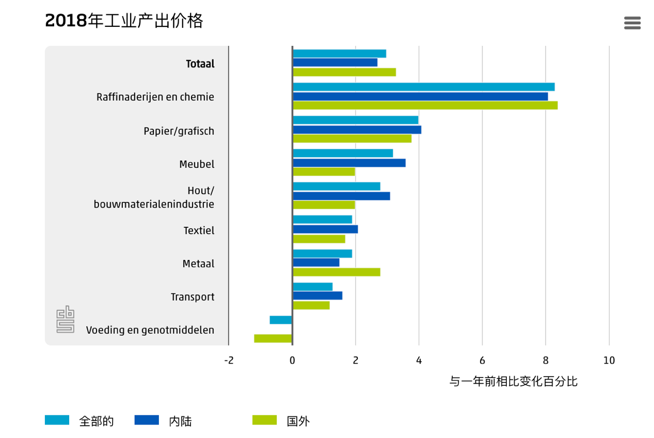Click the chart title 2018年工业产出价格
click(x=124, y=21)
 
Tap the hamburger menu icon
click(x=632, y=23)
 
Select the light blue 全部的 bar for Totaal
click(x=339, y=54)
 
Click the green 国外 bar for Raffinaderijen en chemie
click(x=425, y=105)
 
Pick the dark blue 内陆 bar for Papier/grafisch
click(x=357, y=130)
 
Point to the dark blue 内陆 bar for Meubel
click(x=349, y=163)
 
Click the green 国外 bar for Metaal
click(x=336, y=272)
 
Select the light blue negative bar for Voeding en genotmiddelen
click(x=281, y=320)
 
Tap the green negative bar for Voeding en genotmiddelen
click(x=273, y=338)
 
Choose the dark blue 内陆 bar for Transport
click(x=317, y=295)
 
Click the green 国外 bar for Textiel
click(x=318, y=239)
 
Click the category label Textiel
click(x=199, y=230)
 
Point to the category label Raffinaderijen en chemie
click(x=155, y=97)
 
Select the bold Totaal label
click(x=200, y=64)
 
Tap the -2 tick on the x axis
click(x=229, y=361)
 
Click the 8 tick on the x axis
click(x=546, y=361)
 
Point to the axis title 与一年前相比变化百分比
click(x=513, y=382)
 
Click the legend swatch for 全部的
click(x=57, y=420)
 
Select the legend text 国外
click(x=298, y=421)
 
